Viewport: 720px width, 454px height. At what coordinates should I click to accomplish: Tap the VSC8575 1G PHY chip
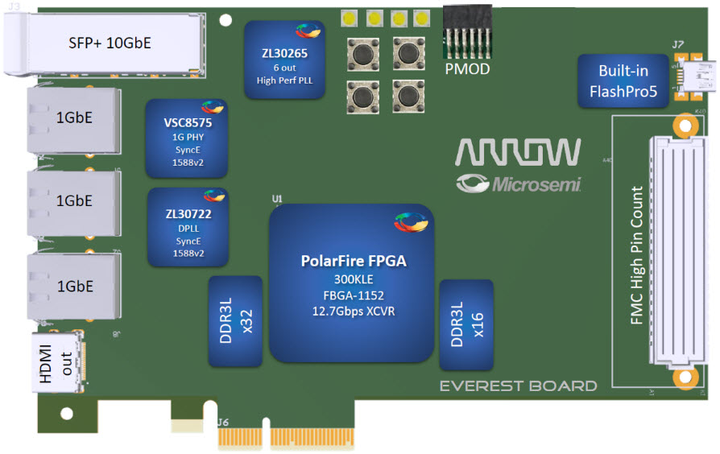pos(186,138)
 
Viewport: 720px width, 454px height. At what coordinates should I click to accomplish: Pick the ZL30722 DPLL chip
pos(186,227)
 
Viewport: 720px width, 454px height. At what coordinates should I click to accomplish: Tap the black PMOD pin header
pos(467,34)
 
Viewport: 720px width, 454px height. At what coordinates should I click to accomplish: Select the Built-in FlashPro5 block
pos(623,81)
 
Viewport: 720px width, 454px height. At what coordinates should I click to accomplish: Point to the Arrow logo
pos(518,153)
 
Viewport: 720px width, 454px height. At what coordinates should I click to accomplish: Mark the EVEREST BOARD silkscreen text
pos(518,386)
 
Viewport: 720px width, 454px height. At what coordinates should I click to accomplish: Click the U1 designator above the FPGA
pos(278,198)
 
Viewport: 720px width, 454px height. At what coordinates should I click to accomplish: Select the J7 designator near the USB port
pos(678,45)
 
